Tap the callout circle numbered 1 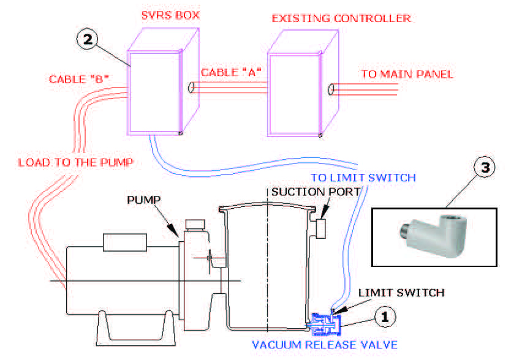click(x=384, y=317)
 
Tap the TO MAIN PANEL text click(x=407, y=75)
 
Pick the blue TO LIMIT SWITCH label click(x=363, y=178)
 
